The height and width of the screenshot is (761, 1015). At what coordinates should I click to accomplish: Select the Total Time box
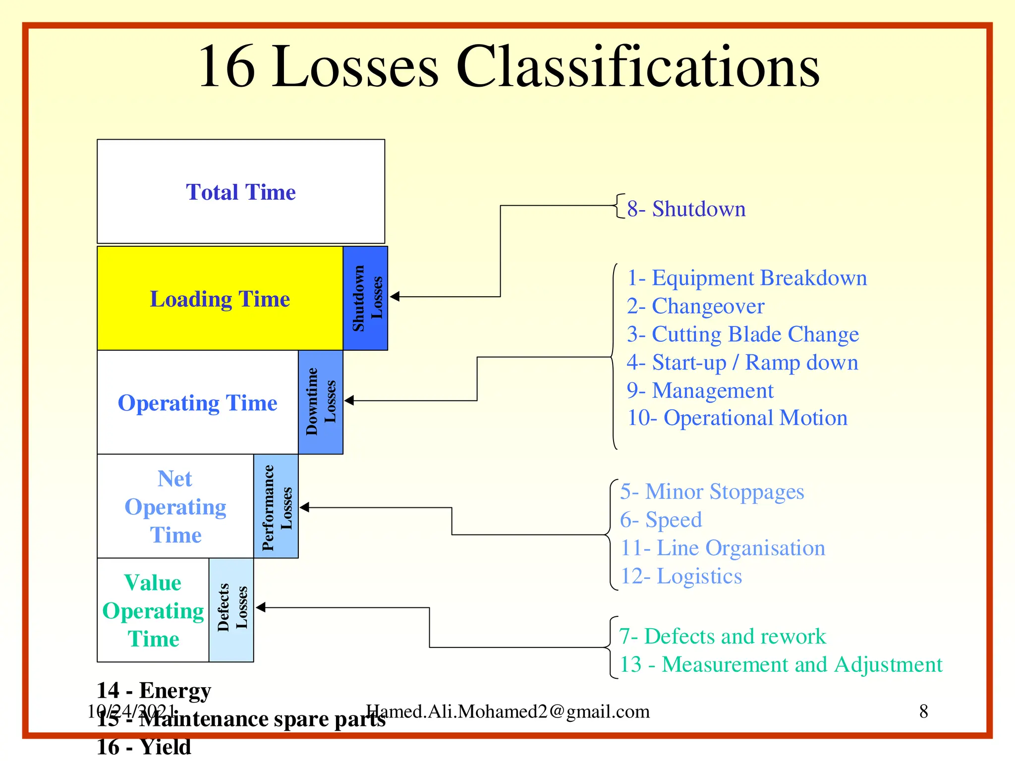coord(241,192)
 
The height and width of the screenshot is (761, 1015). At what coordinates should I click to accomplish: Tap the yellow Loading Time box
coord(220,299)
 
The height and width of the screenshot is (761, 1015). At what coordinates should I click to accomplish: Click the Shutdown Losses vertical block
coord(366,298)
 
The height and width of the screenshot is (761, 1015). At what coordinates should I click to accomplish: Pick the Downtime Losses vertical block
coord(321,402)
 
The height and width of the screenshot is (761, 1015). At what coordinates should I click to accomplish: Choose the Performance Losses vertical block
coord(276,506)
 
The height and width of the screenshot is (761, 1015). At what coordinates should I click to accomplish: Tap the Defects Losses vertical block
coord(231,610)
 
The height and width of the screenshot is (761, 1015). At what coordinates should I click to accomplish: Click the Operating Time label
coord(197,403)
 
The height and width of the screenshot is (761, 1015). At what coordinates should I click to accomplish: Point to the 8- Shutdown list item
coord(686,209)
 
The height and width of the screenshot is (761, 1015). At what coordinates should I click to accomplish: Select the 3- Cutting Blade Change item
coord(742,334)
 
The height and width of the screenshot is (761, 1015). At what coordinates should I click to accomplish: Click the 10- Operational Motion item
coord(737,418)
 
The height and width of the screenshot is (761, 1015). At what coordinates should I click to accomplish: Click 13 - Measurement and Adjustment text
coord(781,665)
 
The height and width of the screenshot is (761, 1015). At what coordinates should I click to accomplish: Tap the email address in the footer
coord(507,711)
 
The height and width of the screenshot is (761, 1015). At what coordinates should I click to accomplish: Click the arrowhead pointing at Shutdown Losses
coord(395,297)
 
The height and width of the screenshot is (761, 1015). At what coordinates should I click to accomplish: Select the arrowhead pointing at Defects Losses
coord(261,607)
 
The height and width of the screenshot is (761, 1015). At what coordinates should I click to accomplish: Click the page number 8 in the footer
coord(923,711)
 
